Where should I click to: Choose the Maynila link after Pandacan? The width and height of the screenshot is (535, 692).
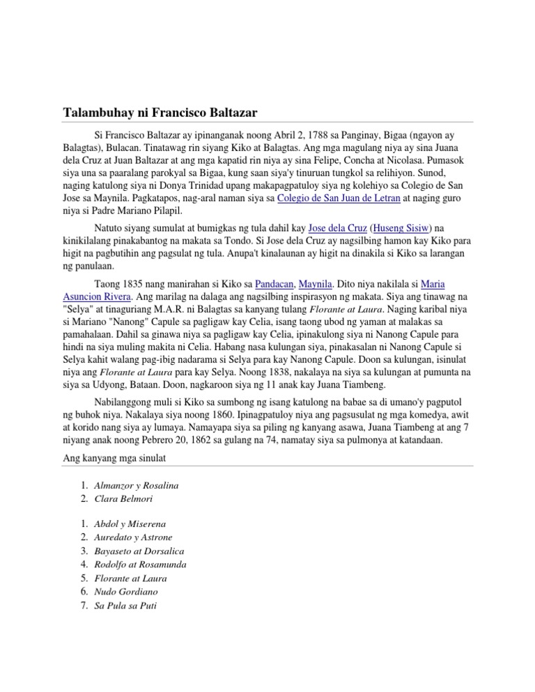coord(316,285)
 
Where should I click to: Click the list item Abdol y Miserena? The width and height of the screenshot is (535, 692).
coord(130,523)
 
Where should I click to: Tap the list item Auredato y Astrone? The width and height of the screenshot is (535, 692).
coord(133,537)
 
